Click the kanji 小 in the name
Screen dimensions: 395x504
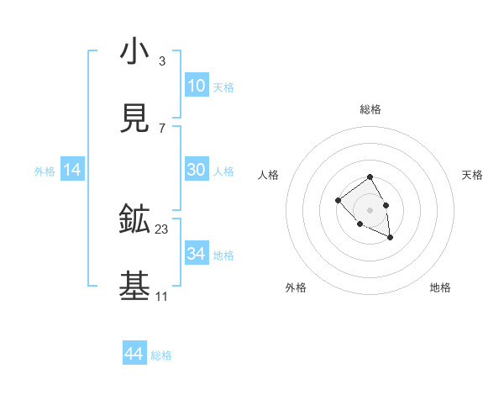(134, 52)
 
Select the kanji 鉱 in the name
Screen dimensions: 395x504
(134, 220)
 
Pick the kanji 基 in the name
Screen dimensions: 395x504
(134, 287)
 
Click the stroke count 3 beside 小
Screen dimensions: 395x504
(161, 61)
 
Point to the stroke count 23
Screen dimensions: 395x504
(162, 229)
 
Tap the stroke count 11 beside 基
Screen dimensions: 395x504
(161, 297)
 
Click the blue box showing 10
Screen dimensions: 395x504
(197, 86)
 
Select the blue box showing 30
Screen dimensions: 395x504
(197, 170)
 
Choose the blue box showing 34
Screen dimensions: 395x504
(197, 254)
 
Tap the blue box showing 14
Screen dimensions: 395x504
(72, 170)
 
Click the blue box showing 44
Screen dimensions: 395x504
(134, 354)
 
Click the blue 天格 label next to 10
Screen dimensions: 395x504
(223, 87)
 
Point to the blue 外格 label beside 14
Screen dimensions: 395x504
(45, 171)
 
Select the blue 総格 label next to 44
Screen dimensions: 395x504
(161, 355)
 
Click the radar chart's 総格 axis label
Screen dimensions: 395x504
(370, 109)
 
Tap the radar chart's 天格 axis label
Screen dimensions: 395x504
(472, 175)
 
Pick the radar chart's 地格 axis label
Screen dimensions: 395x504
(440, 287)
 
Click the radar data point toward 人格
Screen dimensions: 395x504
(338, 200)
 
